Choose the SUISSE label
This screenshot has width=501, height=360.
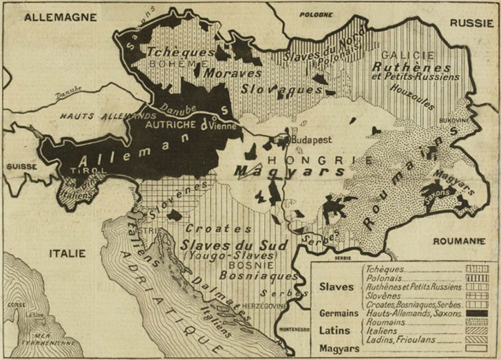pyautogui.click(x=21, y=167)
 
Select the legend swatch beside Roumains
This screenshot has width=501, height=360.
pyautogui.click(x=475, y=322)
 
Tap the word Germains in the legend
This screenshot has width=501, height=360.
pyautogui.click(x=338, y=313)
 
